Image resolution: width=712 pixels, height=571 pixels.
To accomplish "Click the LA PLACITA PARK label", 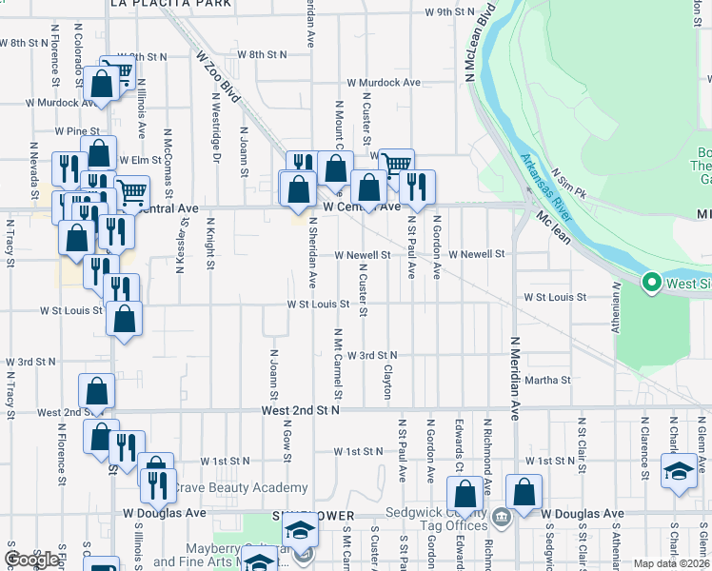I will click(170, 4).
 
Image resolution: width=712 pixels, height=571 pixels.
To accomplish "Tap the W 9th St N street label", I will click(449, 12).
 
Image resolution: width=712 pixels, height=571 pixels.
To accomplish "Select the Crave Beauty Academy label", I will click(242, 488).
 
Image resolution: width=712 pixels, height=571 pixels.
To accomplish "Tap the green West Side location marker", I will click(652, 282).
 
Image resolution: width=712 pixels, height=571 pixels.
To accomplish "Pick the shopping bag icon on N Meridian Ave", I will click(524, 492).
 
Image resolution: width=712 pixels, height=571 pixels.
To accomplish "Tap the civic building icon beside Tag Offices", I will click(503, 518).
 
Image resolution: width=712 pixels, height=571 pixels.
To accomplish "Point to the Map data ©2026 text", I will click(671, 563).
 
